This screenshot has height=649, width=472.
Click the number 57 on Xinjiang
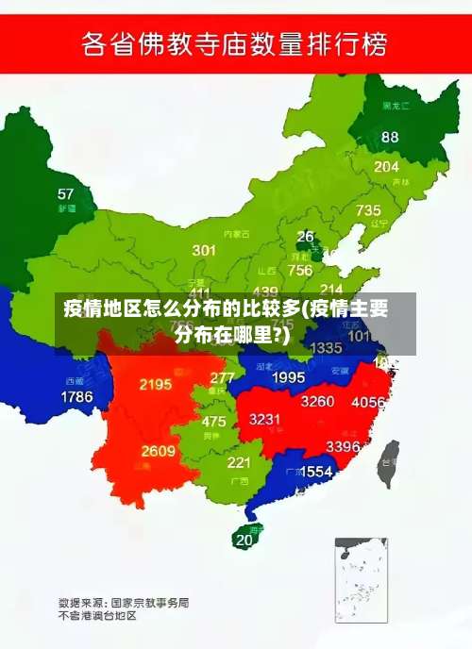pos(65,194)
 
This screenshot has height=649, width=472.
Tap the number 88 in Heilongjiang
pos(390,137)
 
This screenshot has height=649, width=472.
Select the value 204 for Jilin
pos(386,166)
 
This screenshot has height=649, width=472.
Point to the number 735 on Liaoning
pos(368,210)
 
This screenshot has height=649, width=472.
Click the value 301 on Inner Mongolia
pos(204,250)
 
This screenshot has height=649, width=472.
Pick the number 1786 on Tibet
pos(77,397)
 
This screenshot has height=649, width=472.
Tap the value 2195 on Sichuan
pos(156,384)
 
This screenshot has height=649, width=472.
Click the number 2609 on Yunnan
pos(159,451)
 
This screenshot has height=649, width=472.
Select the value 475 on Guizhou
pos(214,422)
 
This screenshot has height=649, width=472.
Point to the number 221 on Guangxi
pos(239,462)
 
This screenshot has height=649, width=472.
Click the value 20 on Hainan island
pos(244,541)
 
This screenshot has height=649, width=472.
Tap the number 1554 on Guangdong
pos(316,471)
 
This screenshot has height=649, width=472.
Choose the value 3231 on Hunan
pos(265,419)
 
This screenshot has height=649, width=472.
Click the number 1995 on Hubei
pos(289,377)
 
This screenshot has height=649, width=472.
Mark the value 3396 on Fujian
pos(343,445)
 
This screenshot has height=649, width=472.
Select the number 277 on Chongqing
pos(223,377)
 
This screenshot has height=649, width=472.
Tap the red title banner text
pos(236,44)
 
